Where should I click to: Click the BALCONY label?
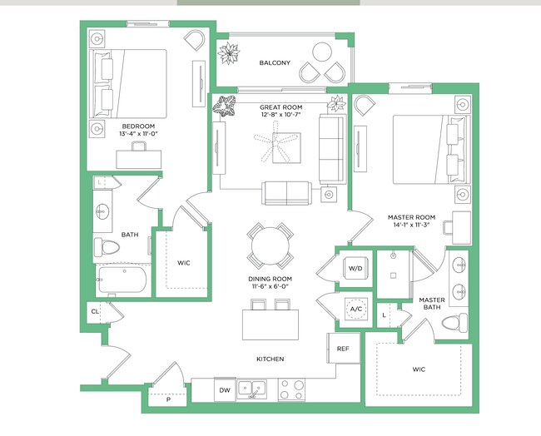pos(275,63)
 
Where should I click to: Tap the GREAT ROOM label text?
pos(280,107)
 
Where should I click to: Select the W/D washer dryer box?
pos(355,269)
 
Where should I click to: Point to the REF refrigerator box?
pos(342,349)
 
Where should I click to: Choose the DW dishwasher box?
pos(224,389)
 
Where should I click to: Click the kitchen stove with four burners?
pos(291,389)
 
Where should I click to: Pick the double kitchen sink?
pos(252,389)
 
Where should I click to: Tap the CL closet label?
pos(95,312)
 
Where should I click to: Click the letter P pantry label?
pos(168,400)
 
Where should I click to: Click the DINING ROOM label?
pos(270,279)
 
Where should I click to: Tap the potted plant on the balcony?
pos(227,53)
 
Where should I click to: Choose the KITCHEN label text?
pos(270,359)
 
